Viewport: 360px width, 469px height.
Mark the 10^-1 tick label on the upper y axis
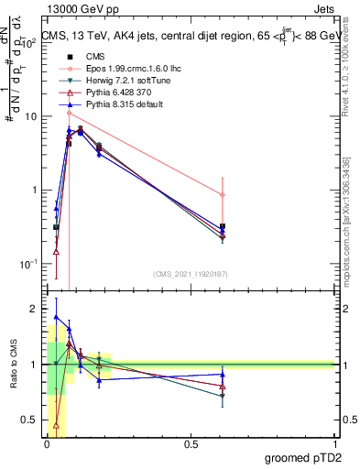[27, 264]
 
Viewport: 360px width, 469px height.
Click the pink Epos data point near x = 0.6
[223, 194]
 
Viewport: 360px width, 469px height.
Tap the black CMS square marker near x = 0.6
[223, 226]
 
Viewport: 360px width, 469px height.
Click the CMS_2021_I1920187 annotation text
[190, 273]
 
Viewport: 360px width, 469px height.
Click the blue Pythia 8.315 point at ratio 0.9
[223, 374]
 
